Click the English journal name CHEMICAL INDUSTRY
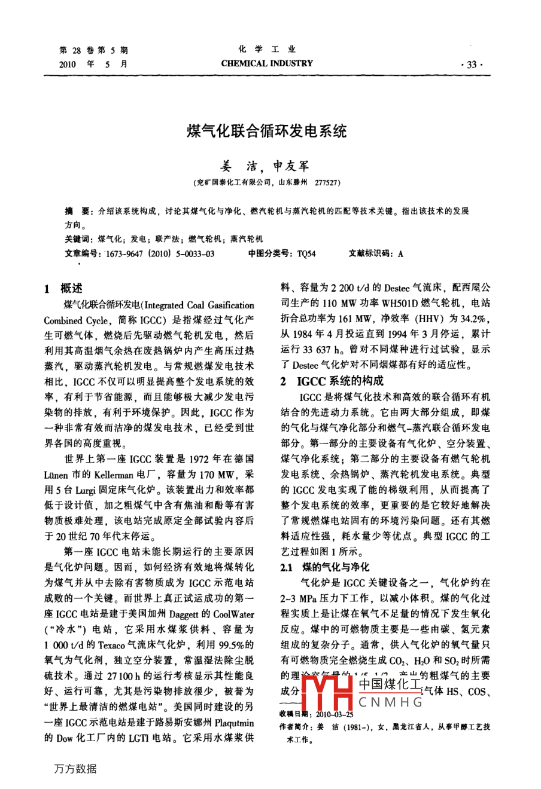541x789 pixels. (x=267, y=63)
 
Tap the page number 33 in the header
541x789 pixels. (x=472, y=65)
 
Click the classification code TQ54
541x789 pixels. (x=306, y=253)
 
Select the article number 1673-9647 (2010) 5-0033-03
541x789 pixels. (x=160, y=253)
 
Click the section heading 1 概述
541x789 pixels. (x=64, y=289)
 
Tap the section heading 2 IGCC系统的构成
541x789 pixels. (x=332, y=381)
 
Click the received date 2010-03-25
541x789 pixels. (x=335, y=714)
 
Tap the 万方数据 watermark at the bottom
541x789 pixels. (x=75, y=769)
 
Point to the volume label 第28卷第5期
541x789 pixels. (x=94, y=50)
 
